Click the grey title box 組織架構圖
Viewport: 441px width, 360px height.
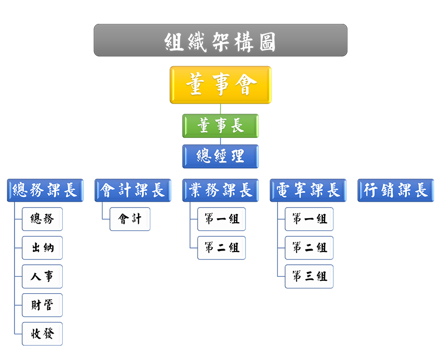[220, 40]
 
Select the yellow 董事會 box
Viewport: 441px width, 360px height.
[220, 85]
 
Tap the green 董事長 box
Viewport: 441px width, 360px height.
[220, 125]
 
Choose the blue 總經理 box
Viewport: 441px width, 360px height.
[220, 156]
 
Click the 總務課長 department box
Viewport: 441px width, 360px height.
[45, 190]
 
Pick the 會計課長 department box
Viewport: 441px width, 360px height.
[133, 190]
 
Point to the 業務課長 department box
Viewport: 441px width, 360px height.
[220, 190]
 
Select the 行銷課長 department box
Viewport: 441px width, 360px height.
[396, 190]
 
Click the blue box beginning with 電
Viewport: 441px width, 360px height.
[308, 190]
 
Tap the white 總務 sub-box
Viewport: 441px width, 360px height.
[42, 219]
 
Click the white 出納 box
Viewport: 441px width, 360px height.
[42, 248]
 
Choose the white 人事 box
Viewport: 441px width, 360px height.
[42, 276]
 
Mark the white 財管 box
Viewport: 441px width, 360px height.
[42, 305]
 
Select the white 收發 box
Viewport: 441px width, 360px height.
[42, 334]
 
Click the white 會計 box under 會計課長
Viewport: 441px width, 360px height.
[130, 219]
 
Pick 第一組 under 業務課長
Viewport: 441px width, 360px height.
[221, 219]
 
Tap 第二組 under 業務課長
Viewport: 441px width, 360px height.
[221, 248]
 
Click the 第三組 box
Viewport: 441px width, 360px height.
[309, 276]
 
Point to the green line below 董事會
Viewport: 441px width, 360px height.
[220, 109]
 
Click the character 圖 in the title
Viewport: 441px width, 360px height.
[267, 41]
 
